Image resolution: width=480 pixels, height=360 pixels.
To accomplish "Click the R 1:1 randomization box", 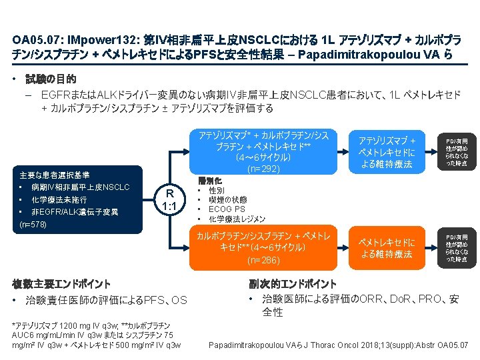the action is click(169, 200).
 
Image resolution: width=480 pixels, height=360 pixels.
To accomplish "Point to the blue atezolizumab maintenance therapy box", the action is click(387, 152).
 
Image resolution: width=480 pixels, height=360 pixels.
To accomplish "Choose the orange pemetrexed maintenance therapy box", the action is click(387, 248).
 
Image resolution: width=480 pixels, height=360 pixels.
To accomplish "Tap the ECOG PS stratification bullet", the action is click(227, 209).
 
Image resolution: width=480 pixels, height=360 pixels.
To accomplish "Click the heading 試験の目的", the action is click(51, 79).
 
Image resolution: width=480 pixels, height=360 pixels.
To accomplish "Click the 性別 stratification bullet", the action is click(217, 191).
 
